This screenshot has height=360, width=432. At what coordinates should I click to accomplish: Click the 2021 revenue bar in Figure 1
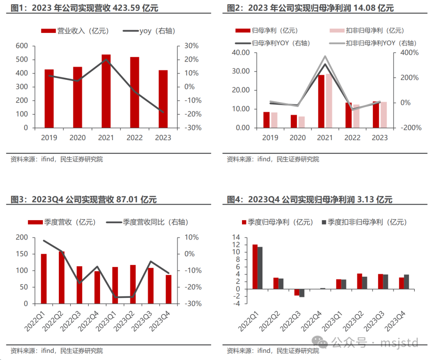(106, 91)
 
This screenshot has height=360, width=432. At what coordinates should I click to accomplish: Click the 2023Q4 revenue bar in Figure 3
(168, 289)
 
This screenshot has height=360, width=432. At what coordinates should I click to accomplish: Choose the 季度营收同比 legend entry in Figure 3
(148, 222)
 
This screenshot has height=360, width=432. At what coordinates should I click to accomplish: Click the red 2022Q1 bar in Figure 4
(255, 267)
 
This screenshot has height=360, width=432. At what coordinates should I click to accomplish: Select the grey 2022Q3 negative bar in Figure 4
(302, 293)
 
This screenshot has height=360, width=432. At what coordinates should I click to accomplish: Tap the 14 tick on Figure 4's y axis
(236, 237)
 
